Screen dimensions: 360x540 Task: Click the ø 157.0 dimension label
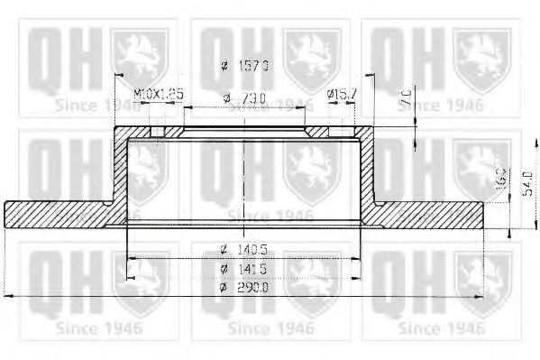[245, 66]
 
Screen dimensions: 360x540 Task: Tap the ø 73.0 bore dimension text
[243, 97]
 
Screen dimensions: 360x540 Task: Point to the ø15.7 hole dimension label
[342, 93]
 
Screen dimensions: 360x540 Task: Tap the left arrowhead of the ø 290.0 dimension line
[9, 295]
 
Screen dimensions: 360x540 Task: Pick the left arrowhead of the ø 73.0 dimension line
[187, 107]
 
